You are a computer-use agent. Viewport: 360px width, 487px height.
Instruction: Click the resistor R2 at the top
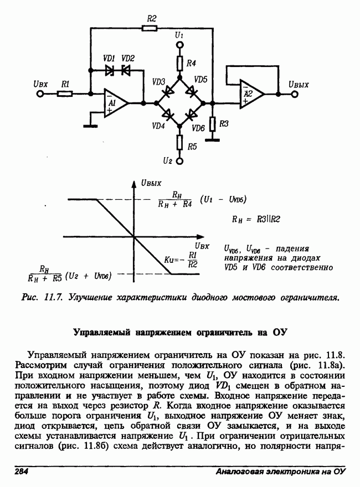coord(151,27)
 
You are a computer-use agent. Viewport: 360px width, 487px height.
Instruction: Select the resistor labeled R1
coord(65,94)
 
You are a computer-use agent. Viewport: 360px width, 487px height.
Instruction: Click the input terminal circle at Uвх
coord(40,94)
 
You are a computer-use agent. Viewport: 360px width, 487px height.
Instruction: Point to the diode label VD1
coord(109,59)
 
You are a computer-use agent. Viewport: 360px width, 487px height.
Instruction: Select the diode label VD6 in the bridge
coord(198,128)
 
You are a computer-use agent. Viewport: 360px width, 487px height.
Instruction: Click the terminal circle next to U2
coord(179,161)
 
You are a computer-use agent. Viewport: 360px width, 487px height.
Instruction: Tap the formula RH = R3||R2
coord(258,219)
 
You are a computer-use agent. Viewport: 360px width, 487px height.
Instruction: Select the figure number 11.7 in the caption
coord(54,298)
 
